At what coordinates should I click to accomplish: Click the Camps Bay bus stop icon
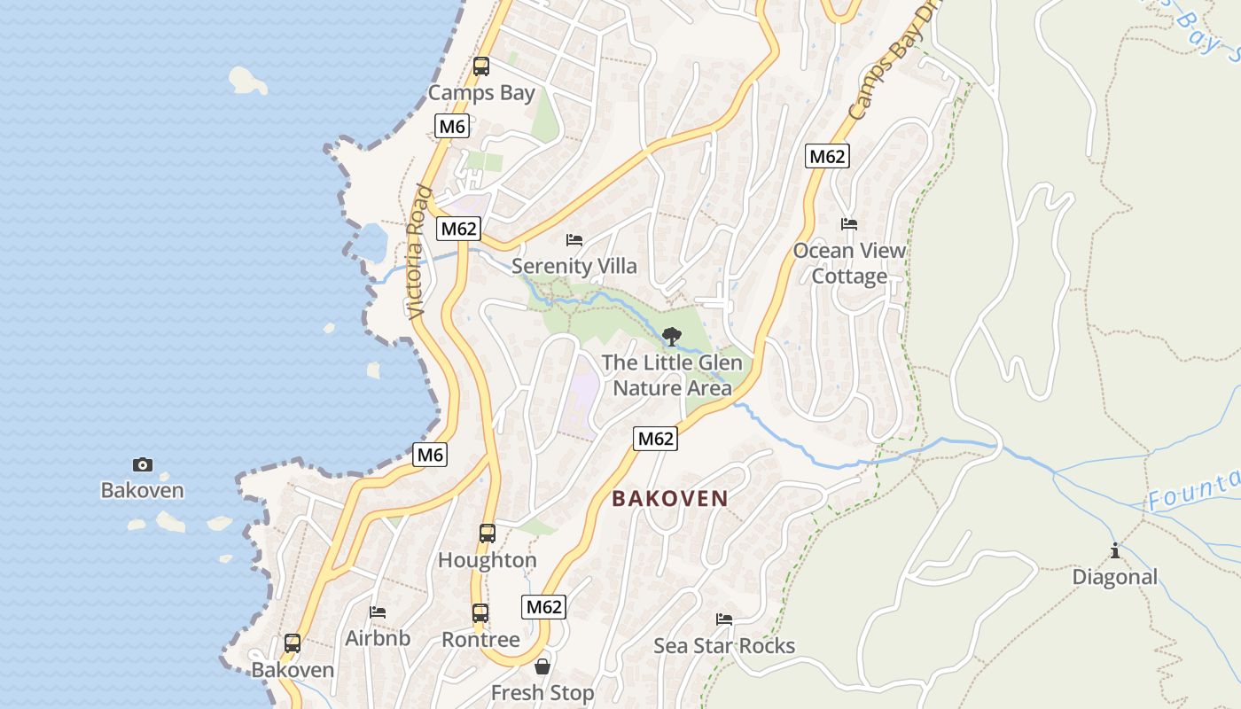[x=481, y=66]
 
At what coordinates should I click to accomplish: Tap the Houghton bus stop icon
[x=487, y=534]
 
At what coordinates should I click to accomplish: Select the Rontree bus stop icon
[x=480, y=613]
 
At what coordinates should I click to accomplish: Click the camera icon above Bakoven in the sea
[x=142, y=464]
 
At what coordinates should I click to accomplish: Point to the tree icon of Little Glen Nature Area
[x=672, y=337]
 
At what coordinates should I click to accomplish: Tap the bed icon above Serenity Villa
[x=574, y=239]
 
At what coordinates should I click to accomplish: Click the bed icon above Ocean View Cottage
[x=849, y=224]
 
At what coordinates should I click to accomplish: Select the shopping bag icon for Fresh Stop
[x=542, y=666]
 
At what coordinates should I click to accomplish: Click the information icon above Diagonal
[x=1114, y=551]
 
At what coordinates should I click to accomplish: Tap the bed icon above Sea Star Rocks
[x=724, y=619]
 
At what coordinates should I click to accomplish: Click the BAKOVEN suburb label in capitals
[x=670, y=499]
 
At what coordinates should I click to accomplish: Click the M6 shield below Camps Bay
[x=452, y=127]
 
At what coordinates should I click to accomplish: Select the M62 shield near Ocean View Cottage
[x=827, y=157]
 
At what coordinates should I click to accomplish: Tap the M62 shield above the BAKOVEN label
[x=655, y=438]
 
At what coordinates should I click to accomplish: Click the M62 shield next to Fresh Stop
[x=543, y=607]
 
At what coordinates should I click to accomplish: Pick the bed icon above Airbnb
[x=378, y=612]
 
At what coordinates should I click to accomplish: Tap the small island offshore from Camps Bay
[x=248, y=81]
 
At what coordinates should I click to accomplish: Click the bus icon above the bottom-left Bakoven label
[x=293, y=643]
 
